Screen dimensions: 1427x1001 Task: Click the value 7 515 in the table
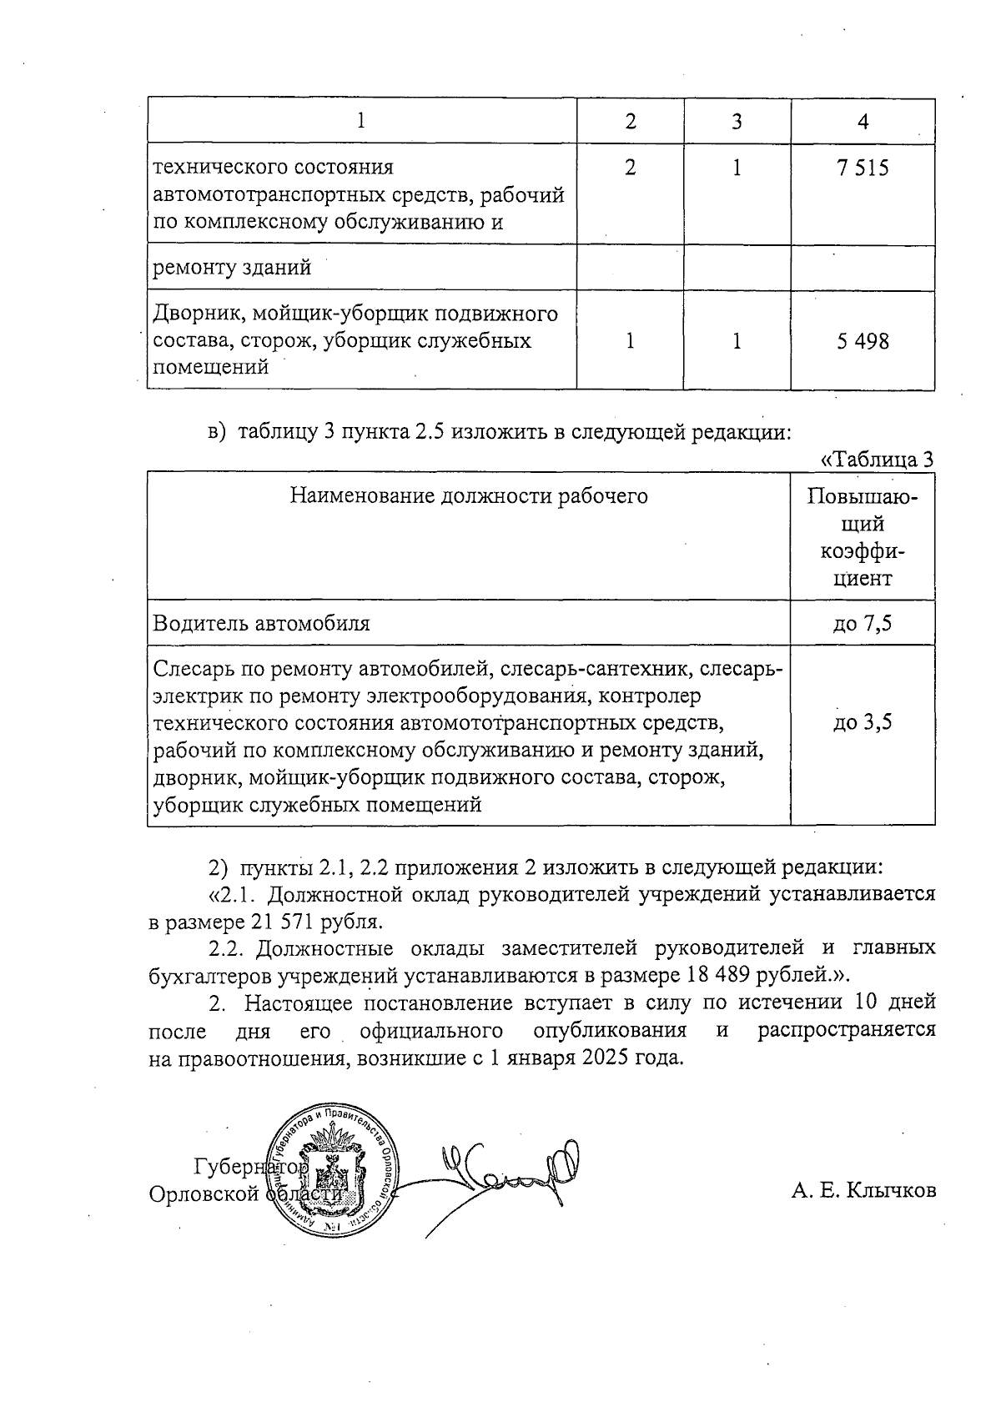[x=863, y=168]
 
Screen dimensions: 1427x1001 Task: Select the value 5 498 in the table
[x=863, y=341]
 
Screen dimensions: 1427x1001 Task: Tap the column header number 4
[x=863, y=122]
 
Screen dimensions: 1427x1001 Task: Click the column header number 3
[x=737, y=122]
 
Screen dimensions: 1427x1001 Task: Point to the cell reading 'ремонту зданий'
[x=233, y=268]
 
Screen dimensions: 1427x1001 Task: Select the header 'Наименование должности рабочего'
[x=469, y=496]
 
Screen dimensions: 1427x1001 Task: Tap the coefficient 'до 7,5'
[x=863, y=623]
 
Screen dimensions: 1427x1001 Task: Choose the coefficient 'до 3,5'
[x=863, y=722]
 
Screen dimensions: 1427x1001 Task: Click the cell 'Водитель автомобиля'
[x=262, y=623]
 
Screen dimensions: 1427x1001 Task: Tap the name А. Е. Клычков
[x=863, y=1190]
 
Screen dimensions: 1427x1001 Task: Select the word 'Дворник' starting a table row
[x=191, y=314]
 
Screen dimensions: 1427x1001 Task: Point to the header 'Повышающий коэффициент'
[x=863, y=537]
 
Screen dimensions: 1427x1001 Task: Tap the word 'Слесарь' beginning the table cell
[x=194, y=669]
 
